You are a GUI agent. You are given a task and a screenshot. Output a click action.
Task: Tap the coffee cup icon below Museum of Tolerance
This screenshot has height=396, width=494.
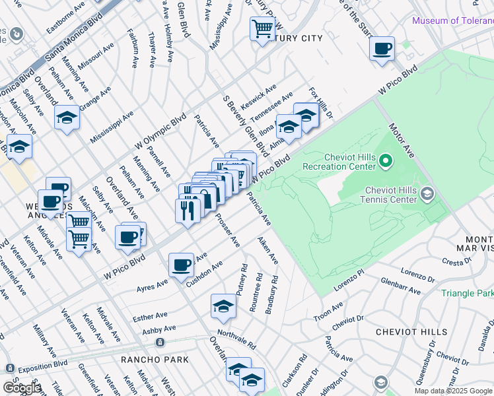point(382,49)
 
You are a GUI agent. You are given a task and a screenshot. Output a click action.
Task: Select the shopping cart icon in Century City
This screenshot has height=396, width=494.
point(262,29)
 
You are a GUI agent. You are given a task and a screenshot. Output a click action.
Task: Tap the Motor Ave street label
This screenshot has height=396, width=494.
point(402,140)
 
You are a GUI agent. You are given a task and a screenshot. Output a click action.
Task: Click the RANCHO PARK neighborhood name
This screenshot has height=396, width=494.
point(155,360)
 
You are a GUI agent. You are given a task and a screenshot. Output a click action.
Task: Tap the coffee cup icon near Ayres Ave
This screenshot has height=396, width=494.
point(181,265)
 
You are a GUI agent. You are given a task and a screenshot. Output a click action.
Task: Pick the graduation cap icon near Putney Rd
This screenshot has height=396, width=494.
point(223,306)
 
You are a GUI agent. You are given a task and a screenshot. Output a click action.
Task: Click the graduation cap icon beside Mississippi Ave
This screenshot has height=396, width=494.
point(67,117)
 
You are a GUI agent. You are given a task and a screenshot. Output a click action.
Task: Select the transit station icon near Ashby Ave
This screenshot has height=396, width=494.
point(159,343)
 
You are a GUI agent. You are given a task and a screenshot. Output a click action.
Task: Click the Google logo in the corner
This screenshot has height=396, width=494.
point(22,388)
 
